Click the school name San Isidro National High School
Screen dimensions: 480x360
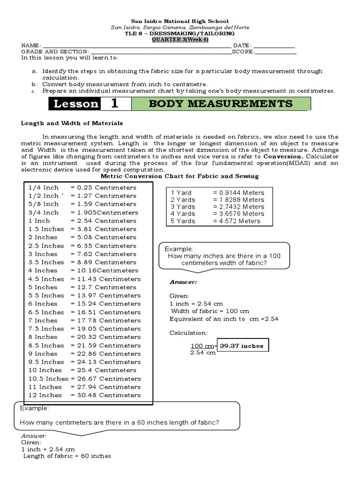coord(180,21)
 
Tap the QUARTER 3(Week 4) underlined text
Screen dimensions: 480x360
coord(180,39)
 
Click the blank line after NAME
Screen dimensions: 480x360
coord(136,45)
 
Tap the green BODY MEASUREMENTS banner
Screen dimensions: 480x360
coord(220,104)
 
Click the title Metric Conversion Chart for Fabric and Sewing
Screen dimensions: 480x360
coord(180,176)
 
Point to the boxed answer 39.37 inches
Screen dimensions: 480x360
coord(242,346)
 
